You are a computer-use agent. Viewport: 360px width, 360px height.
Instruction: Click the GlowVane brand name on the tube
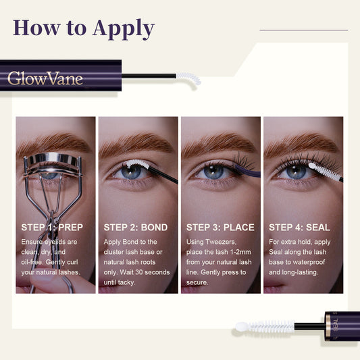[x=45, y=78]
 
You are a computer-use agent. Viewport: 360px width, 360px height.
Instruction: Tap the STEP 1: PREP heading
[x=52, y=227]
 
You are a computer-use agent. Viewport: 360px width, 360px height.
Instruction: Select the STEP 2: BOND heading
[x=135, y=227]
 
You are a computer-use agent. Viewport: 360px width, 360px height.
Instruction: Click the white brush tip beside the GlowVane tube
[x=188, y=78]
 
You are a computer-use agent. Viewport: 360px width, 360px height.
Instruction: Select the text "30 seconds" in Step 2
[x=153, y=272]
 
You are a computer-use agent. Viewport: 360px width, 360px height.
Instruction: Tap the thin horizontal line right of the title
[x=303, y=30]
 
